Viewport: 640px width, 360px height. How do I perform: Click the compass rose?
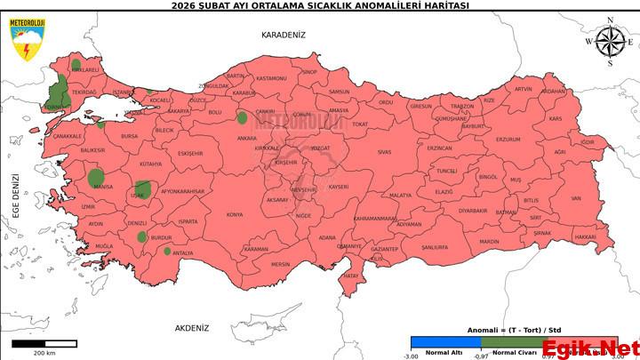pos(609,42)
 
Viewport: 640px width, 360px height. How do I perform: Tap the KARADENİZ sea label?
pos(283,35)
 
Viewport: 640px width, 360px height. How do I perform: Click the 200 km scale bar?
pos(44,343)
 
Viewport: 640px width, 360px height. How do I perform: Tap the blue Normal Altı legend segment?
pos(445,342)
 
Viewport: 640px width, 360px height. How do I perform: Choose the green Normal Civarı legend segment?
pos(515,342)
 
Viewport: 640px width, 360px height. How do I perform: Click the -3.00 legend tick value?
pos(412,356)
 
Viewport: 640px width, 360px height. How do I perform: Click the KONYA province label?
pos(235,214)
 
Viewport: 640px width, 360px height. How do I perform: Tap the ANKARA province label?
pos(246,139)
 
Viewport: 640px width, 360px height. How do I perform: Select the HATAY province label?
pos(350,276)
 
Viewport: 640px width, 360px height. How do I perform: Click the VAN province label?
pos(576,198)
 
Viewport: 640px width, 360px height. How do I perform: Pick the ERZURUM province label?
pos(508,140)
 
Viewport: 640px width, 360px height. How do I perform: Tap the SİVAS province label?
pos(384,152)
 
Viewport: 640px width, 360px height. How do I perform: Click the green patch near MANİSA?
pos(97,178)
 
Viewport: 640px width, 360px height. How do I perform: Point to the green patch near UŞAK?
pos(142,188)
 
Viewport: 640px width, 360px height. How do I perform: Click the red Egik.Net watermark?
pos(590,348)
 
